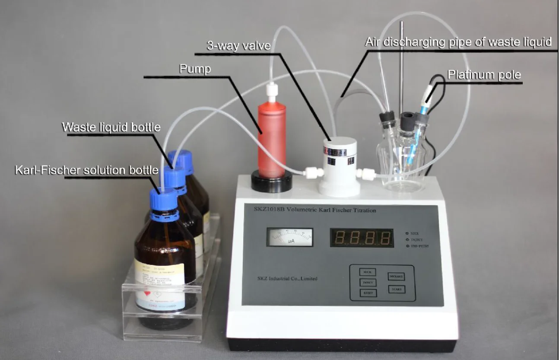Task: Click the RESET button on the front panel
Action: (367, 293)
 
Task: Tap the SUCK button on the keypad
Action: (367, 272)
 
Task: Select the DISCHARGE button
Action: (396, 277)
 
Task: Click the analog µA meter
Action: (289, 237)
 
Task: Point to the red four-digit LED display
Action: (362, 238)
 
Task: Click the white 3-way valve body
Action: (339, 166)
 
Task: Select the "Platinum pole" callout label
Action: (484, 75)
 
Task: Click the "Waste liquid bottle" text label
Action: (111, 127)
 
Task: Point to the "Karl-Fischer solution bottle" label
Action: (86, 170)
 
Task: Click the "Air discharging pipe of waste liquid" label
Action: (458, 42)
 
